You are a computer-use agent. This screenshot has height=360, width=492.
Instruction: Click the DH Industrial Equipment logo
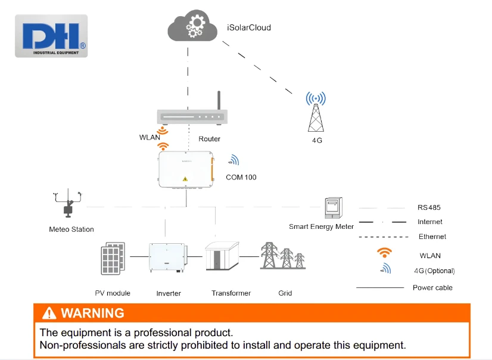[51, 36]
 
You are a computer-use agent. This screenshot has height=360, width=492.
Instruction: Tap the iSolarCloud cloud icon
[192, 26]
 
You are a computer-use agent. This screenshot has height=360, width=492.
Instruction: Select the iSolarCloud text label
[249, 27]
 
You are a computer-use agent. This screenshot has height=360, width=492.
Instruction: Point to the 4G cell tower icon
[316, 111]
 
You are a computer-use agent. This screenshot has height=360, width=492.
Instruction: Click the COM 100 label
[241, 178]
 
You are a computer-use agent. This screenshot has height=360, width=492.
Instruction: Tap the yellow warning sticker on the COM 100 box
[185, 179]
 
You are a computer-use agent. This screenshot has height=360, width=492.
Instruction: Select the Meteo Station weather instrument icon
[68, 203]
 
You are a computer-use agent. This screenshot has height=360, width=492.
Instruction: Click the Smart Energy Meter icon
[333, 208]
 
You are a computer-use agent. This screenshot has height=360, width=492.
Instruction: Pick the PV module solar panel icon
[113, 258]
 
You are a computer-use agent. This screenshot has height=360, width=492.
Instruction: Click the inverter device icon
[168, 257]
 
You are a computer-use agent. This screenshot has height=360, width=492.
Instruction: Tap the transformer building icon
[222, 256]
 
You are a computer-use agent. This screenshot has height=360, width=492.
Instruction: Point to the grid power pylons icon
[283, 256]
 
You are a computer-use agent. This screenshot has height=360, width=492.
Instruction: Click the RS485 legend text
[429, 207]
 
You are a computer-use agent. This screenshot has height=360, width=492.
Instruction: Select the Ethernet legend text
[432, 237]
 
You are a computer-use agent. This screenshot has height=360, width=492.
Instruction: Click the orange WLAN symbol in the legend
[384, 252]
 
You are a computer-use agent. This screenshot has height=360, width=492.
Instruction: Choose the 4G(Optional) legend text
[434, 271]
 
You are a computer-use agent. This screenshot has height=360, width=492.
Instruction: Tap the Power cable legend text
[432, 287]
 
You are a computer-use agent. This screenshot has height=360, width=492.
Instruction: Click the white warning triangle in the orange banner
[49, 314]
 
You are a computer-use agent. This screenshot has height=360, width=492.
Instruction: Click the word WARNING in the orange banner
[92, 314]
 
